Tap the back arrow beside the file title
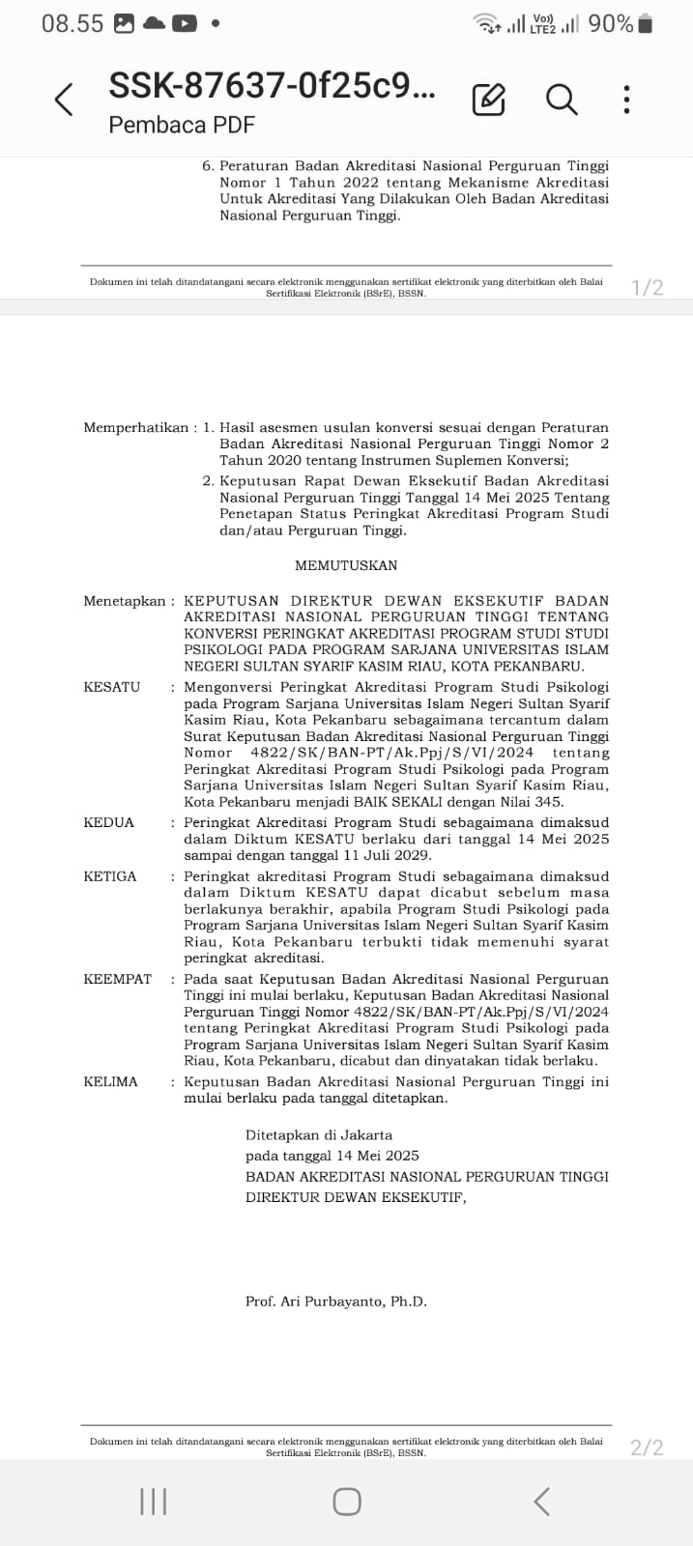pyautogui.click(x=64, y=100)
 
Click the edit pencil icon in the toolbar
pyautogui.click(x=488, y=100)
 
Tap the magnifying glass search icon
pyautogui.click(x=562, y=99)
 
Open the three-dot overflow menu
pyautogui.click(x=627, y=100)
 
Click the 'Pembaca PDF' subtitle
pyautogui.click(x=182, y=125)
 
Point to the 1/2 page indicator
pyautogui.click(x=647, y=287)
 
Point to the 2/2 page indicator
pyautogui.click(x=647, y=1446)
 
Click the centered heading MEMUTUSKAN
pyautogui.click(x=346, y=565)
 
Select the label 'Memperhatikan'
pyautogui.click(x=135, y=427)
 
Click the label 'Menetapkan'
pyautogui.click(x=125, y=601)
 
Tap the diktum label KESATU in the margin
pyautogui.click(x=112, y=687)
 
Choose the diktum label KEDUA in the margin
pyautogui.click(x=109, y=822)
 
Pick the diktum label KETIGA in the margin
pyautogui.click(x=110, y=876)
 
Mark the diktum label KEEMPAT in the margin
pyautogui.click(x=118, y=979)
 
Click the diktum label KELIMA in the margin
pyautogui.click(x=111, y=1081)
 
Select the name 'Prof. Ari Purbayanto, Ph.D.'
pyautogui.click(x=336, y=1302)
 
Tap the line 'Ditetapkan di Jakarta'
pyautogui.click(x=319, y=1134)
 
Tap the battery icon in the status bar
pyautogui.click(x=646, y=23)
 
